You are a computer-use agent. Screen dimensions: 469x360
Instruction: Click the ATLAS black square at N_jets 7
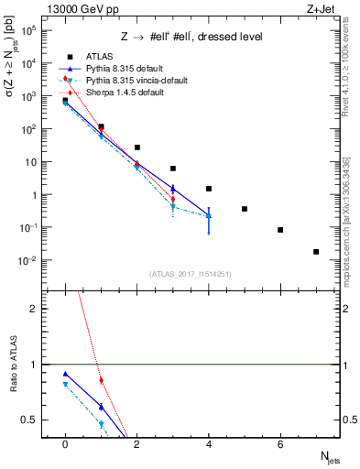pos(316,251)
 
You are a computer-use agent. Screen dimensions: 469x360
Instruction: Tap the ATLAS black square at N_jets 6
pos(280,230)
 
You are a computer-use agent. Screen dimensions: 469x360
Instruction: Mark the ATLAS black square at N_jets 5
pos(245,209)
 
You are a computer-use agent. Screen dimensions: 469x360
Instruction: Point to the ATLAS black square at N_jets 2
pos(136,147)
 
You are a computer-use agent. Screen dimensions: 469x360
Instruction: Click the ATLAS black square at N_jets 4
pos(209,189)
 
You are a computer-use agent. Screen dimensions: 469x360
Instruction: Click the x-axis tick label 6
pos(280,444)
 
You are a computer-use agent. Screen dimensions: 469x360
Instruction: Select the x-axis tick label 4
pos(209,444)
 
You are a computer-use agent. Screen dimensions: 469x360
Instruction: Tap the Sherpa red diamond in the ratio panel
pos(101,380)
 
